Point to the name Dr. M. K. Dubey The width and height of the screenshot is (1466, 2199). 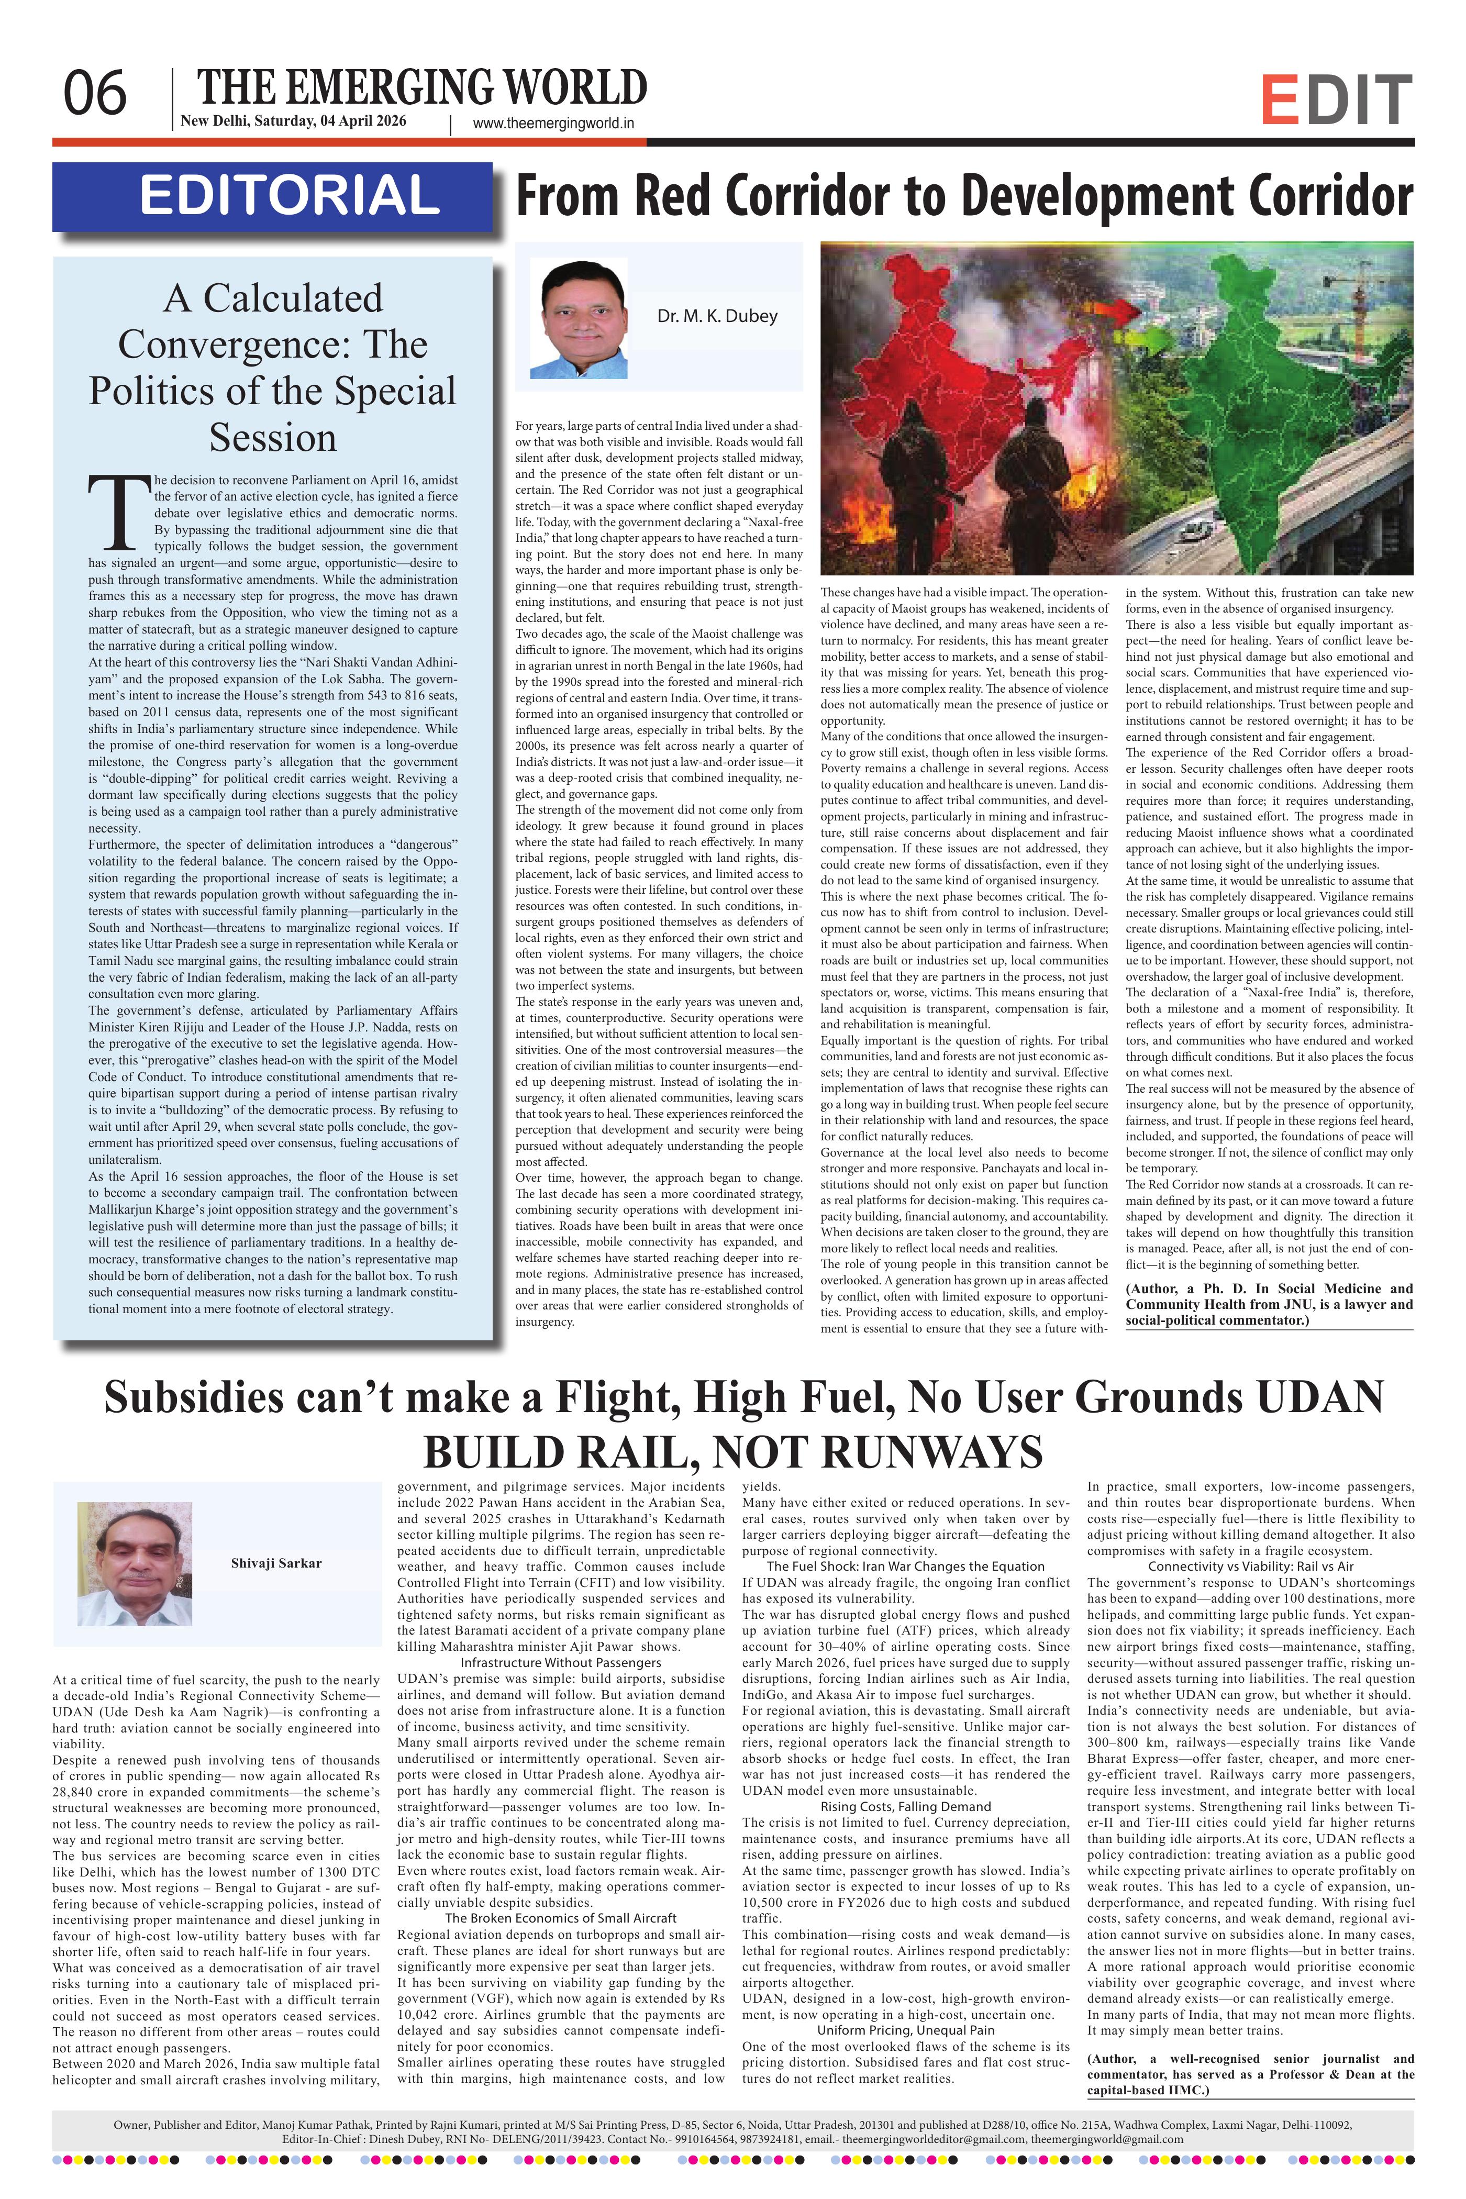(x=716, y=316)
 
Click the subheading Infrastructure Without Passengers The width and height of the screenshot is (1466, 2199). (x=561, y=1662)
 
